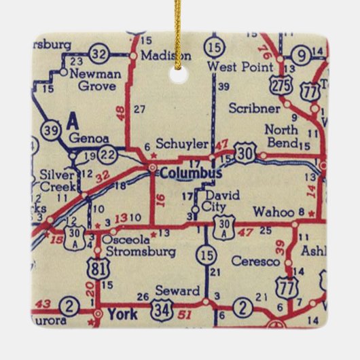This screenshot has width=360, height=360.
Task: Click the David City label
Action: (223, 201)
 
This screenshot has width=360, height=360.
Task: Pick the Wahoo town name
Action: (272, 212)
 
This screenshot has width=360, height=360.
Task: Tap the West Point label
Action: (240, 67)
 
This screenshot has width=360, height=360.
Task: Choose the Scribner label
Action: (253, 108)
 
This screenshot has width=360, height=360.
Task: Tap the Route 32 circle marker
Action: (99, 54)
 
